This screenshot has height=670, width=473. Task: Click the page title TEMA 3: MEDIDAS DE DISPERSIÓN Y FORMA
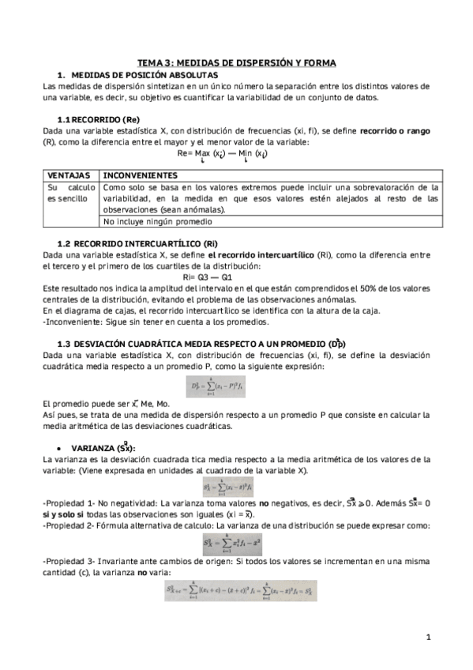pyautogui.click(x=236, y=62)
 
